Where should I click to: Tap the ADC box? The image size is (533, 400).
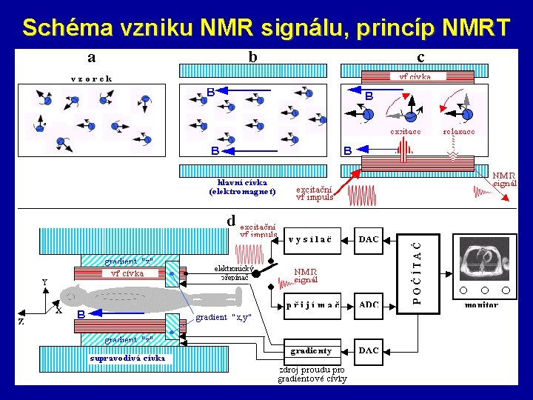point(369,304)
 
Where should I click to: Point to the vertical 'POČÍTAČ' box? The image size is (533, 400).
point(418,271)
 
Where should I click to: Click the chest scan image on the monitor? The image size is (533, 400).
point(485,259)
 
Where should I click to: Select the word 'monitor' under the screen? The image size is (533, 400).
point(481,304)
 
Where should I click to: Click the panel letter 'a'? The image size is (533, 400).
point(91,57)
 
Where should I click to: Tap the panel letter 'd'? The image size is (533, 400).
point(231,220)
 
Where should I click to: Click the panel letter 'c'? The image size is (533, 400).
point(420,57)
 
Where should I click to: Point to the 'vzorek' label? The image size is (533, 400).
point(91,78)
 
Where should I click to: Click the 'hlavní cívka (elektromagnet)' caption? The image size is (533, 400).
point(242,186)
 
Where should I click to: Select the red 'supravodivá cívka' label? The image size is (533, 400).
point(127,359)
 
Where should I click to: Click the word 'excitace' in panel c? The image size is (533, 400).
point(406,131)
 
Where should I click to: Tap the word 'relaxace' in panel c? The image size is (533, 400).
point(459,131)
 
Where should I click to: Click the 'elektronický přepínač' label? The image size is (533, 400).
point(235,273)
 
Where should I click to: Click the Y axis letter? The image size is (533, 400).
point(44,282)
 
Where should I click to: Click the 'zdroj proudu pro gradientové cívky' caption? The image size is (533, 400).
point(312,374)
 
